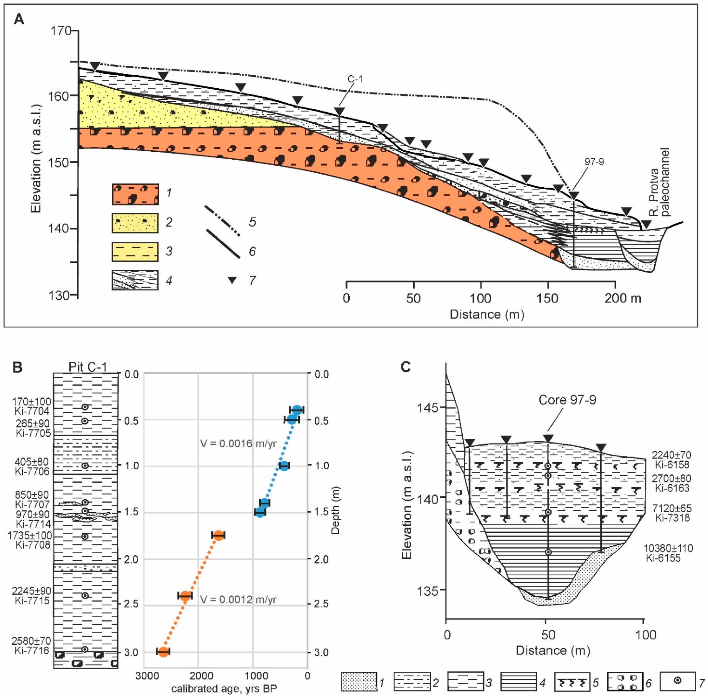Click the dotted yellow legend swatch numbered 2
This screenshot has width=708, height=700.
tap(135, 223)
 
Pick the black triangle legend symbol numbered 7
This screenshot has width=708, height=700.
tap(232, 280)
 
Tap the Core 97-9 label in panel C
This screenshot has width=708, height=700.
tap(567, 400)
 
